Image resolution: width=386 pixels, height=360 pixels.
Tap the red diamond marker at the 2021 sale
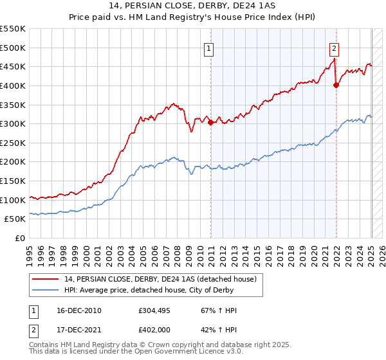pos(336,84)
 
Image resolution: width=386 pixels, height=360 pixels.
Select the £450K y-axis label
pos(13,66)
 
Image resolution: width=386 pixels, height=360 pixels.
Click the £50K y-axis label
pos(15,219)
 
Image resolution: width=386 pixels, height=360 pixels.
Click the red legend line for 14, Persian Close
pos(46,279)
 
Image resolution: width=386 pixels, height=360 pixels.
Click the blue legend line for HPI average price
pos(46,290)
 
